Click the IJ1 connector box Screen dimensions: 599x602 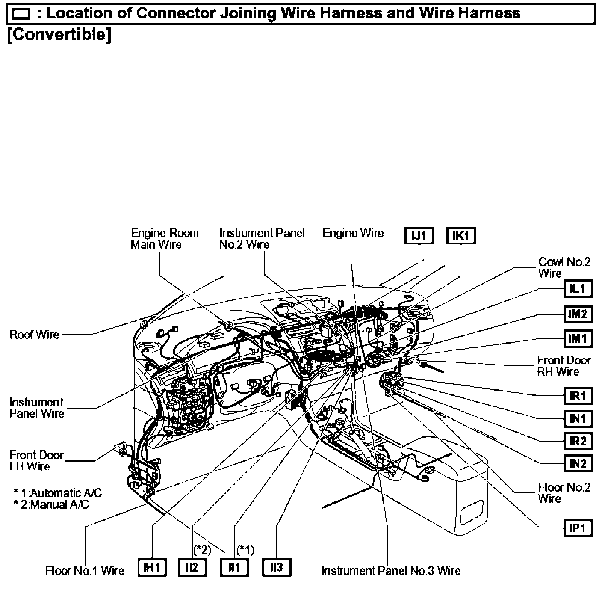coord(419,236)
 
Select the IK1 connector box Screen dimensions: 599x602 coord(460,236)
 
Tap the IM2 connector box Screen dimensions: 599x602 coord(577,314)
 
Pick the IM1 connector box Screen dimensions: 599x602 coord(577,338)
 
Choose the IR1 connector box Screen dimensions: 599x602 coord(577,396)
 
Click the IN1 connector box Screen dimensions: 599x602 coord(577,418)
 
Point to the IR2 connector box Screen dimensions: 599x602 coord(577,441)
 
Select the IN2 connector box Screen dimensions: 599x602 coord(577,463)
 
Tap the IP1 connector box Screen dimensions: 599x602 coord(577,528)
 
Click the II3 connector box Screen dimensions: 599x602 coord(277,567)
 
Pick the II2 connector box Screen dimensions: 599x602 coord(192,567)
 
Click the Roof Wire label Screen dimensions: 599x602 coord(35,334)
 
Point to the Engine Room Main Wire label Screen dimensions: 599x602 coord(165,239)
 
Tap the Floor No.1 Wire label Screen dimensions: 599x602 coord(85,571)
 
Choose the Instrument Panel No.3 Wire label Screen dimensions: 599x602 coord(391,571)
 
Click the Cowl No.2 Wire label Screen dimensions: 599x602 coord(564,267)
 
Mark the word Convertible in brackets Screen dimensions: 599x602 coord(59,35)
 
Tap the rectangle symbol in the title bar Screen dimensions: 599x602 coord(21,14)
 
